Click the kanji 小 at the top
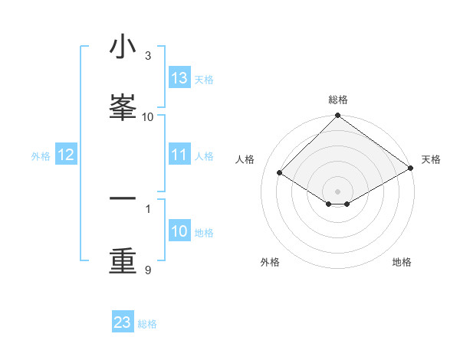122,47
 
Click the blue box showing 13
179,78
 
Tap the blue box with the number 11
179,155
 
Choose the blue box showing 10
179,231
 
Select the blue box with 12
66,155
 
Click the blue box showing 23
123,322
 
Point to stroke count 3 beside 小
148,56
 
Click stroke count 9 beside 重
148,270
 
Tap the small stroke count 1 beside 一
148,208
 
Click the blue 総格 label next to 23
147,324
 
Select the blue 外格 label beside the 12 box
41,156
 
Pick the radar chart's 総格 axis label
338,100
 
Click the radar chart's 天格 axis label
431,159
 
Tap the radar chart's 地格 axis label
402,262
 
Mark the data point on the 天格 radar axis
411,168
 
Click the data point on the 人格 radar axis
280,172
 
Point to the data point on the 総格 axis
338,116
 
